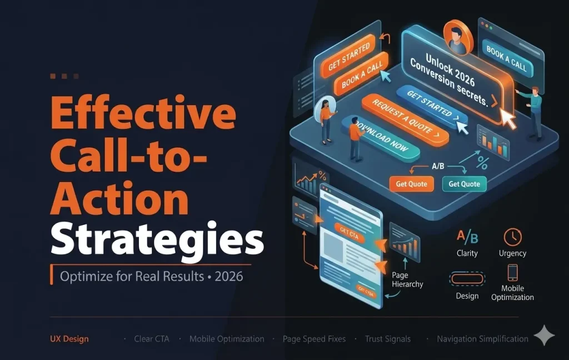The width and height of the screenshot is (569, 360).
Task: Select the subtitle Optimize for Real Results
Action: tap(132, 276)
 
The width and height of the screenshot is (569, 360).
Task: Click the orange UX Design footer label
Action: tap(68, 338)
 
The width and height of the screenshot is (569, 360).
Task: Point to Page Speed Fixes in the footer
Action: tap(314, 338)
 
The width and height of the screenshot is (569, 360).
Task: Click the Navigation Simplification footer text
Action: tap(482, 338)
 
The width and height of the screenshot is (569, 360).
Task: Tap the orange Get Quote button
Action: tap(411, 184)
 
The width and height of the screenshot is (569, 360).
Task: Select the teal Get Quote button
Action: tap(465, 184)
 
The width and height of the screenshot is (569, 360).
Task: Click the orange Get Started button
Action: tap(349, 57)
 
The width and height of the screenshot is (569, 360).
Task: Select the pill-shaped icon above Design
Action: tap(467, 277)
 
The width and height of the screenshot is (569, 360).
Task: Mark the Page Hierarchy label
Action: tap(407, 279)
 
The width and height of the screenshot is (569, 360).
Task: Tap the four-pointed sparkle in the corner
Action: tap(544, 337)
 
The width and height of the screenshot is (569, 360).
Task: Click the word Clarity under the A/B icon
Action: tap(467, 253)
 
